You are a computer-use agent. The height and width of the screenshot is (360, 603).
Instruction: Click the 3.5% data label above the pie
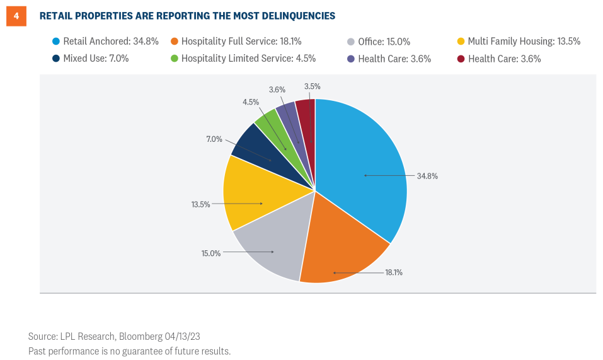[x=312, y=86]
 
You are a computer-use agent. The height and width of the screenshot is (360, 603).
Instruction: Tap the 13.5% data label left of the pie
[x=200, y=204]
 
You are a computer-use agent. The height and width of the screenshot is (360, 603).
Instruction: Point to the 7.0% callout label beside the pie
[x=214, y=139]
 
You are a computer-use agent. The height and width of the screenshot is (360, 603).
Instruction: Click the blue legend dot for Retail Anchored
[x=55, y=42]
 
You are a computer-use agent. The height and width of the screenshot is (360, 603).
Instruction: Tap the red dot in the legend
[x=461, y=59]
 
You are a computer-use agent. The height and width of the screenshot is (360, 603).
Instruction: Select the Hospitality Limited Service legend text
[x=248, y=59]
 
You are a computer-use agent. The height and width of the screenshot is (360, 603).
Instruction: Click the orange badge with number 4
[x=16, y=15]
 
